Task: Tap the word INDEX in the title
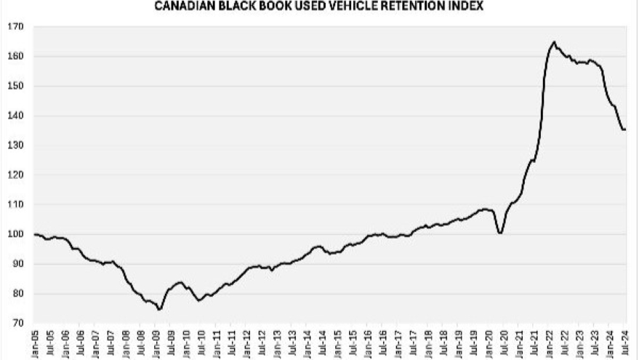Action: (x=466, y=7)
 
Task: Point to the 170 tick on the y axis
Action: (x=16, y=27)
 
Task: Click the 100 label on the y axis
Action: (x=16, y=235)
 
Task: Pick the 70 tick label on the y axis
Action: (x=17, y=324)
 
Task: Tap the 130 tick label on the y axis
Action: (x=16, y=145)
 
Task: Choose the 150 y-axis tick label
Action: (x=16, y=86)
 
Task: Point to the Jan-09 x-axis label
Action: (x=157, y=343)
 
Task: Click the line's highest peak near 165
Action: (x=554, y=42)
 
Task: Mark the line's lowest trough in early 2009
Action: (x=159, y=309)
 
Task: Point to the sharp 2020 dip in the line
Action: (x=499, y=233)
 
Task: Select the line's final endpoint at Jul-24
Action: (x=625, y=129)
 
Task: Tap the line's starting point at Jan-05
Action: (x=35, y=234)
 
